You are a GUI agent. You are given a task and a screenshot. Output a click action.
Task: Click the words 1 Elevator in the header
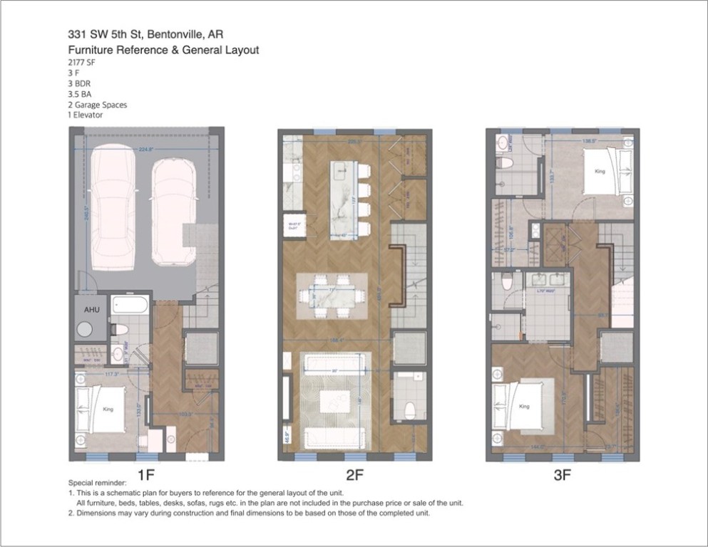click(86, 115)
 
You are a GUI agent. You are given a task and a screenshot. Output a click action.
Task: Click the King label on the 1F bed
click(108, 410)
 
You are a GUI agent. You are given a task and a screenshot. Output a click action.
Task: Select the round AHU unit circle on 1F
click(86, 330)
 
